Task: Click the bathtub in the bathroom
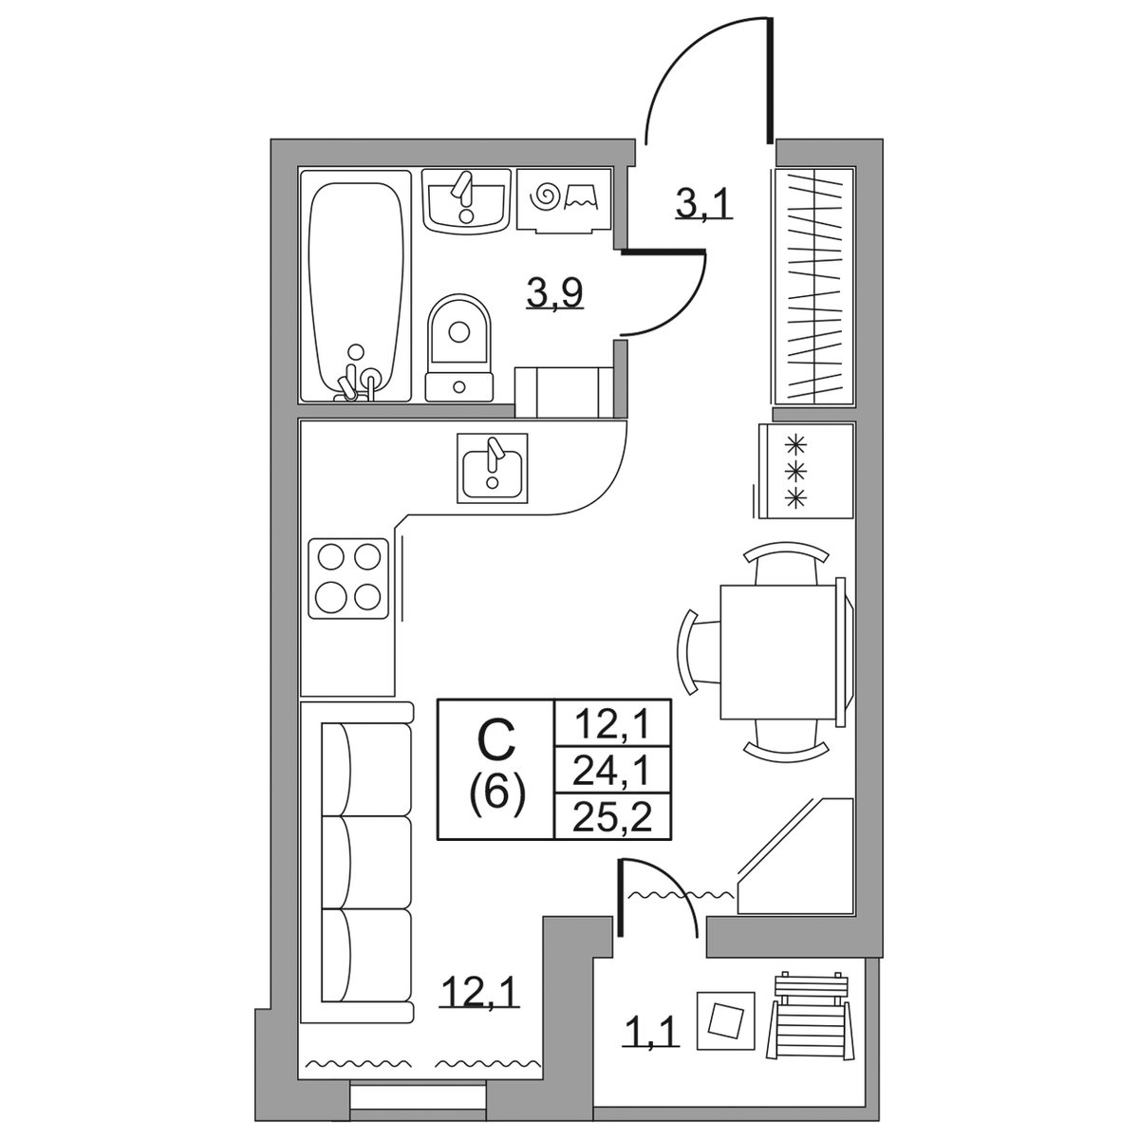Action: pos(355,286)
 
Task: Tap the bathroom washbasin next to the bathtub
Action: pos(466,202)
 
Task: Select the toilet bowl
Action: pos(459,348)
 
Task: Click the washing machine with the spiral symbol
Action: pos(564,200)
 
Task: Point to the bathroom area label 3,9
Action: pos(555,292)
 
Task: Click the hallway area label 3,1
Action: pos(704,204)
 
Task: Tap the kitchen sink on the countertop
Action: pos(493,468)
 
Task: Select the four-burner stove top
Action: pos(348,579)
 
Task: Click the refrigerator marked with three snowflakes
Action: pos(806,471)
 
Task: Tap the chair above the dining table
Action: pos(786,564)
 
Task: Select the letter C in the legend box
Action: pos(495,741)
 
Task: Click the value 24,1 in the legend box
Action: pos(612,771)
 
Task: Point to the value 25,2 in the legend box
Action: pos(612,817)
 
